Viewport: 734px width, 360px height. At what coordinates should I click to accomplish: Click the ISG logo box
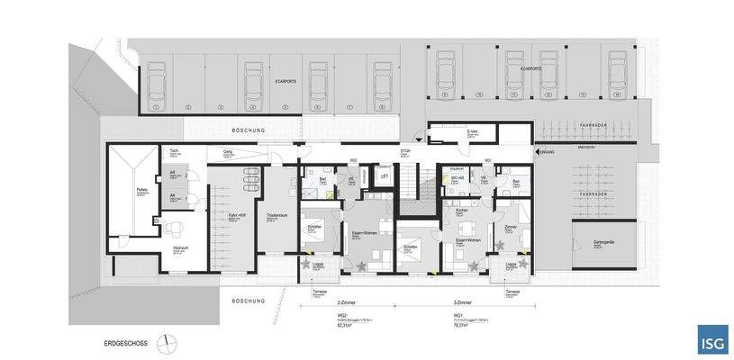(x=712, y=339)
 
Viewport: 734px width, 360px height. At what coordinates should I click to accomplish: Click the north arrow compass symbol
(x=164, y=343)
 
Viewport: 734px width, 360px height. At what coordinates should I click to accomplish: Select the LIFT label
(x=384, y=176)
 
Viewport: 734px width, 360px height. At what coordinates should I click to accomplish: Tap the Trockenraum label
(x=276, y=215)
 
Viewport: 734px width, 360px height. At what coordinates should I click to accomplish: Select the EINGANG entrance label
(x=548, y=153)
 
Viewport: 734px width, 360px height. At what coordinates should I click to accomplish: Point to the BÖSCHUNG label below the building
(x=245, y=300)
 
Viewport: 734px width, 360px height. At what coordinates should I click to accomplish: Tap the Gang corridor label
(x=228, y=151)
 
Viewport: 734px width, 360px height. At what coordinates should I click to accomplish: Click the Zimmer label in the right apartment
(x=510, y=226)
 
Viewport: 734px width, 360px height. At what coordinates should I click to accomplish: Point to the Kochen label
(x=461, y=210)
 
